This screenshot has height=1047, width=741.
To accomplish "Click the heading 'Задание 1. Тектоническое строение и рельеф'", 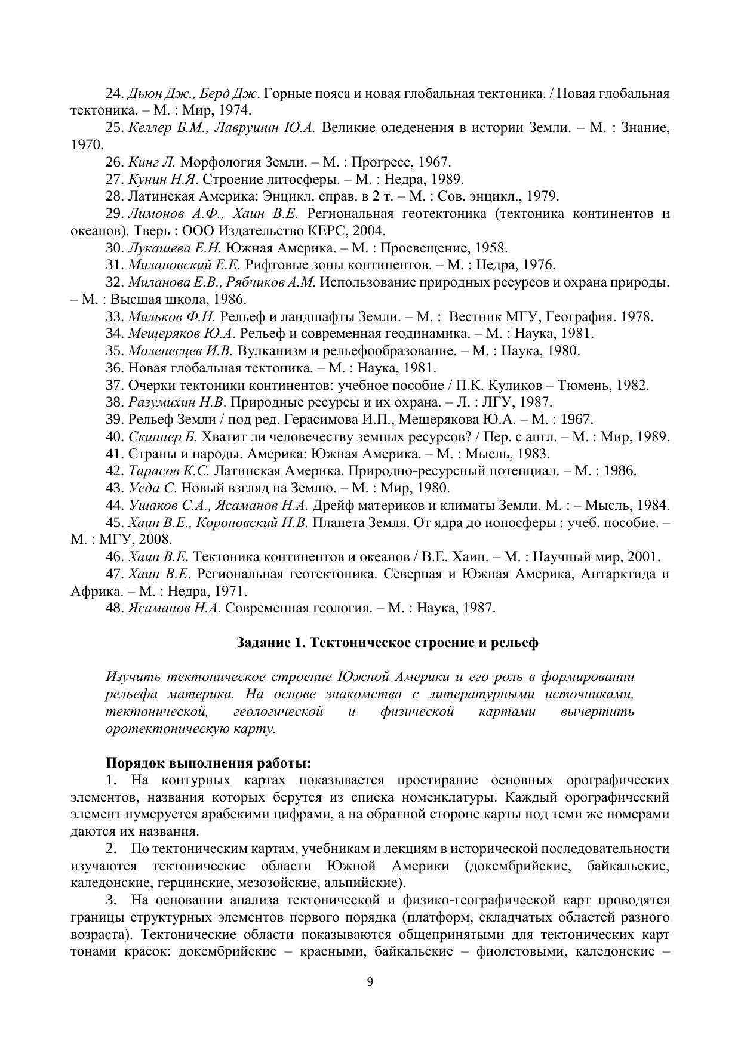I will coord(387,643).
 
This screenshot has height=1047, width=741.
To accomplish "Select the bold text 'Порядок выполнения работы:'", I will coord(208,763).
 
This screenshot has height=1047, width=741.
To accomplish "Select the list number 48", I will coord(115,608).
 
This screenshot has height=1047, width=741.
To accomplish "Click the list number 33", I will coord(115,317).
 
